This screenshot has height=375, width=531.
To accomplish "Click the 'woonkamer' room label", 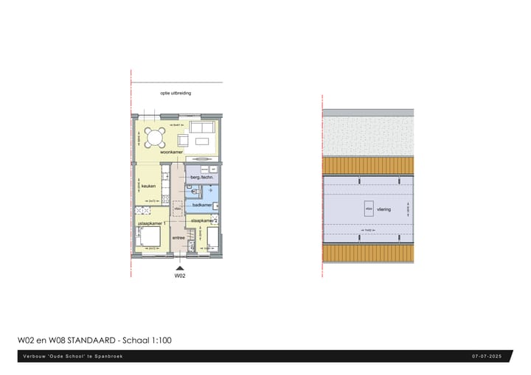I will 171,153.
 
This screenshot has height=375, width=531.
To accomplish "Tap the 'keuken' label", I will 148,186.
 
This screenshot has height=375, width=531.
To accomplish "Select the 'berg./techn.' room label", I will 202,178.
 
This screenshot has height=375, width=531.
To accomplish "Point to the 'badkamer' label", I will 202,206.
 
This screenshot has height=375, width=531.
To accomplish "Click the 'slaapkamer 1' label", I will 153,222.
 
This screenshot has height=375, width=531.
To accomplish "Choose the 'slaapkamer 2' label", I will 203,221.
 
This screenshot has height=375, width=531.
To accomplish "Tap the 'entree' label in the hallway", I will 178,238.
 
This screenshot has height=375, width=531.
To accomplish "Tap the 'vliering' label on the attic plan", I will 383,210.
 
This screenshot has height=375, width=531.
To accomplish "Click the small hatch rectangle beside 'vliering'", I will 368,209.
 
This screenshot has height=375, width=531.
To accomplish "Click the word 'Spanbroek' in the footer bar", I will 109,357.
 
